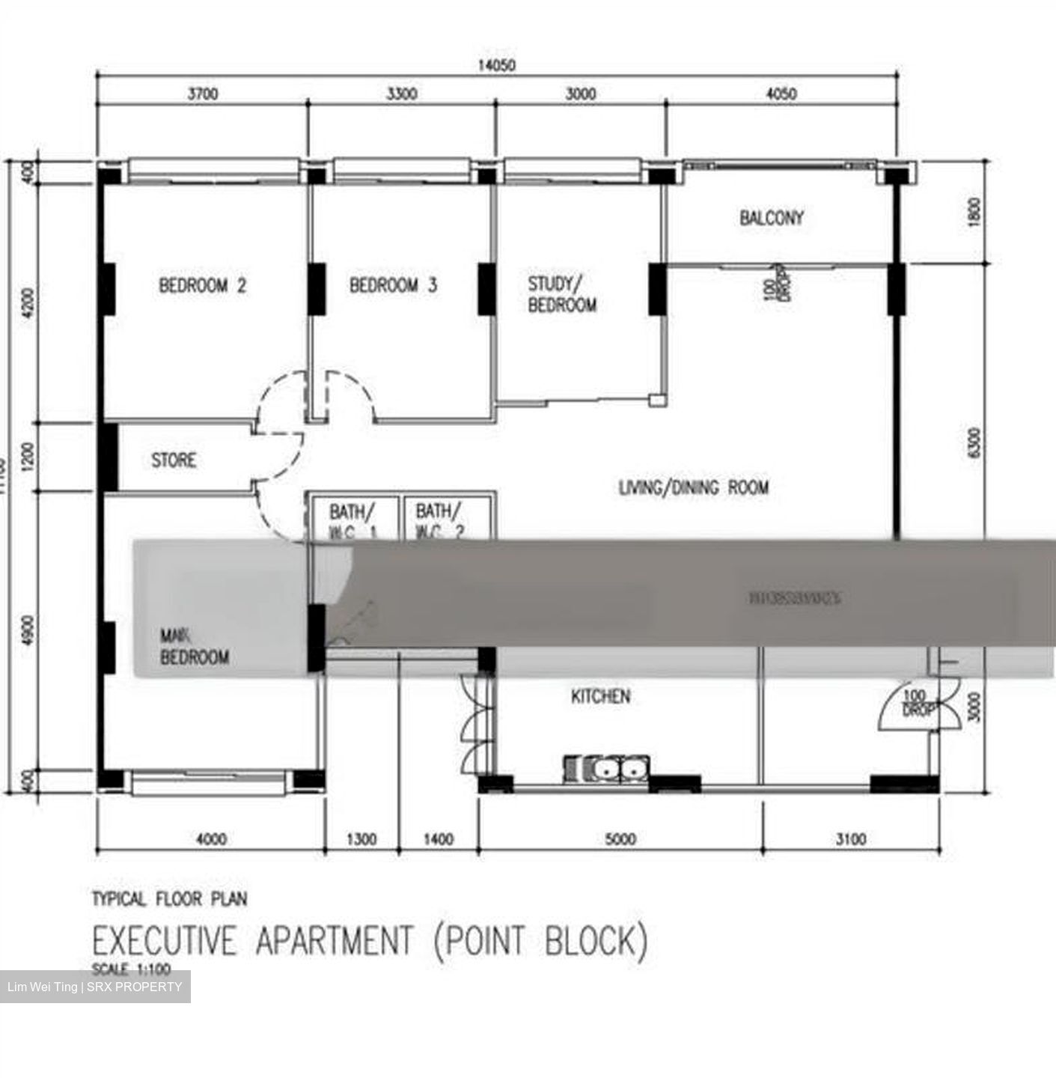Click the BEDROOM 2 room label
coord(202,285)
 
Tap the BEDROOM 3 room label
coord(393,285)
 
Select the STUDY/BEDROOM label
coord(562,294)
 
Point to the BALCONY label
coord(772,218)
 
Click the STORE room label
coord(174,460)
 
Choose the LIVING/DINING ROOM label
coord(694,488)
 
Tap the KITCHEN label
coord(600,696)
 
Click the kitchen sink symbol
coord(606,769)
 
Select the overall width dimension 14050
coord(496,65)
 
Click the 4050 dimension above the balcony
coord(781,94)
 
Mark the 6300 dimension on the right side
coord(973,444)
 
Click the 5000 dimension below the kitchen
coord(620,839)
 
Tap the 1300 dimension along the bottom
coord(361,839)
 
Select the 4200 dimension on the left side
coord(29,303)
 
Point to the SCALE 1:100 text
coord(131,969)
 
